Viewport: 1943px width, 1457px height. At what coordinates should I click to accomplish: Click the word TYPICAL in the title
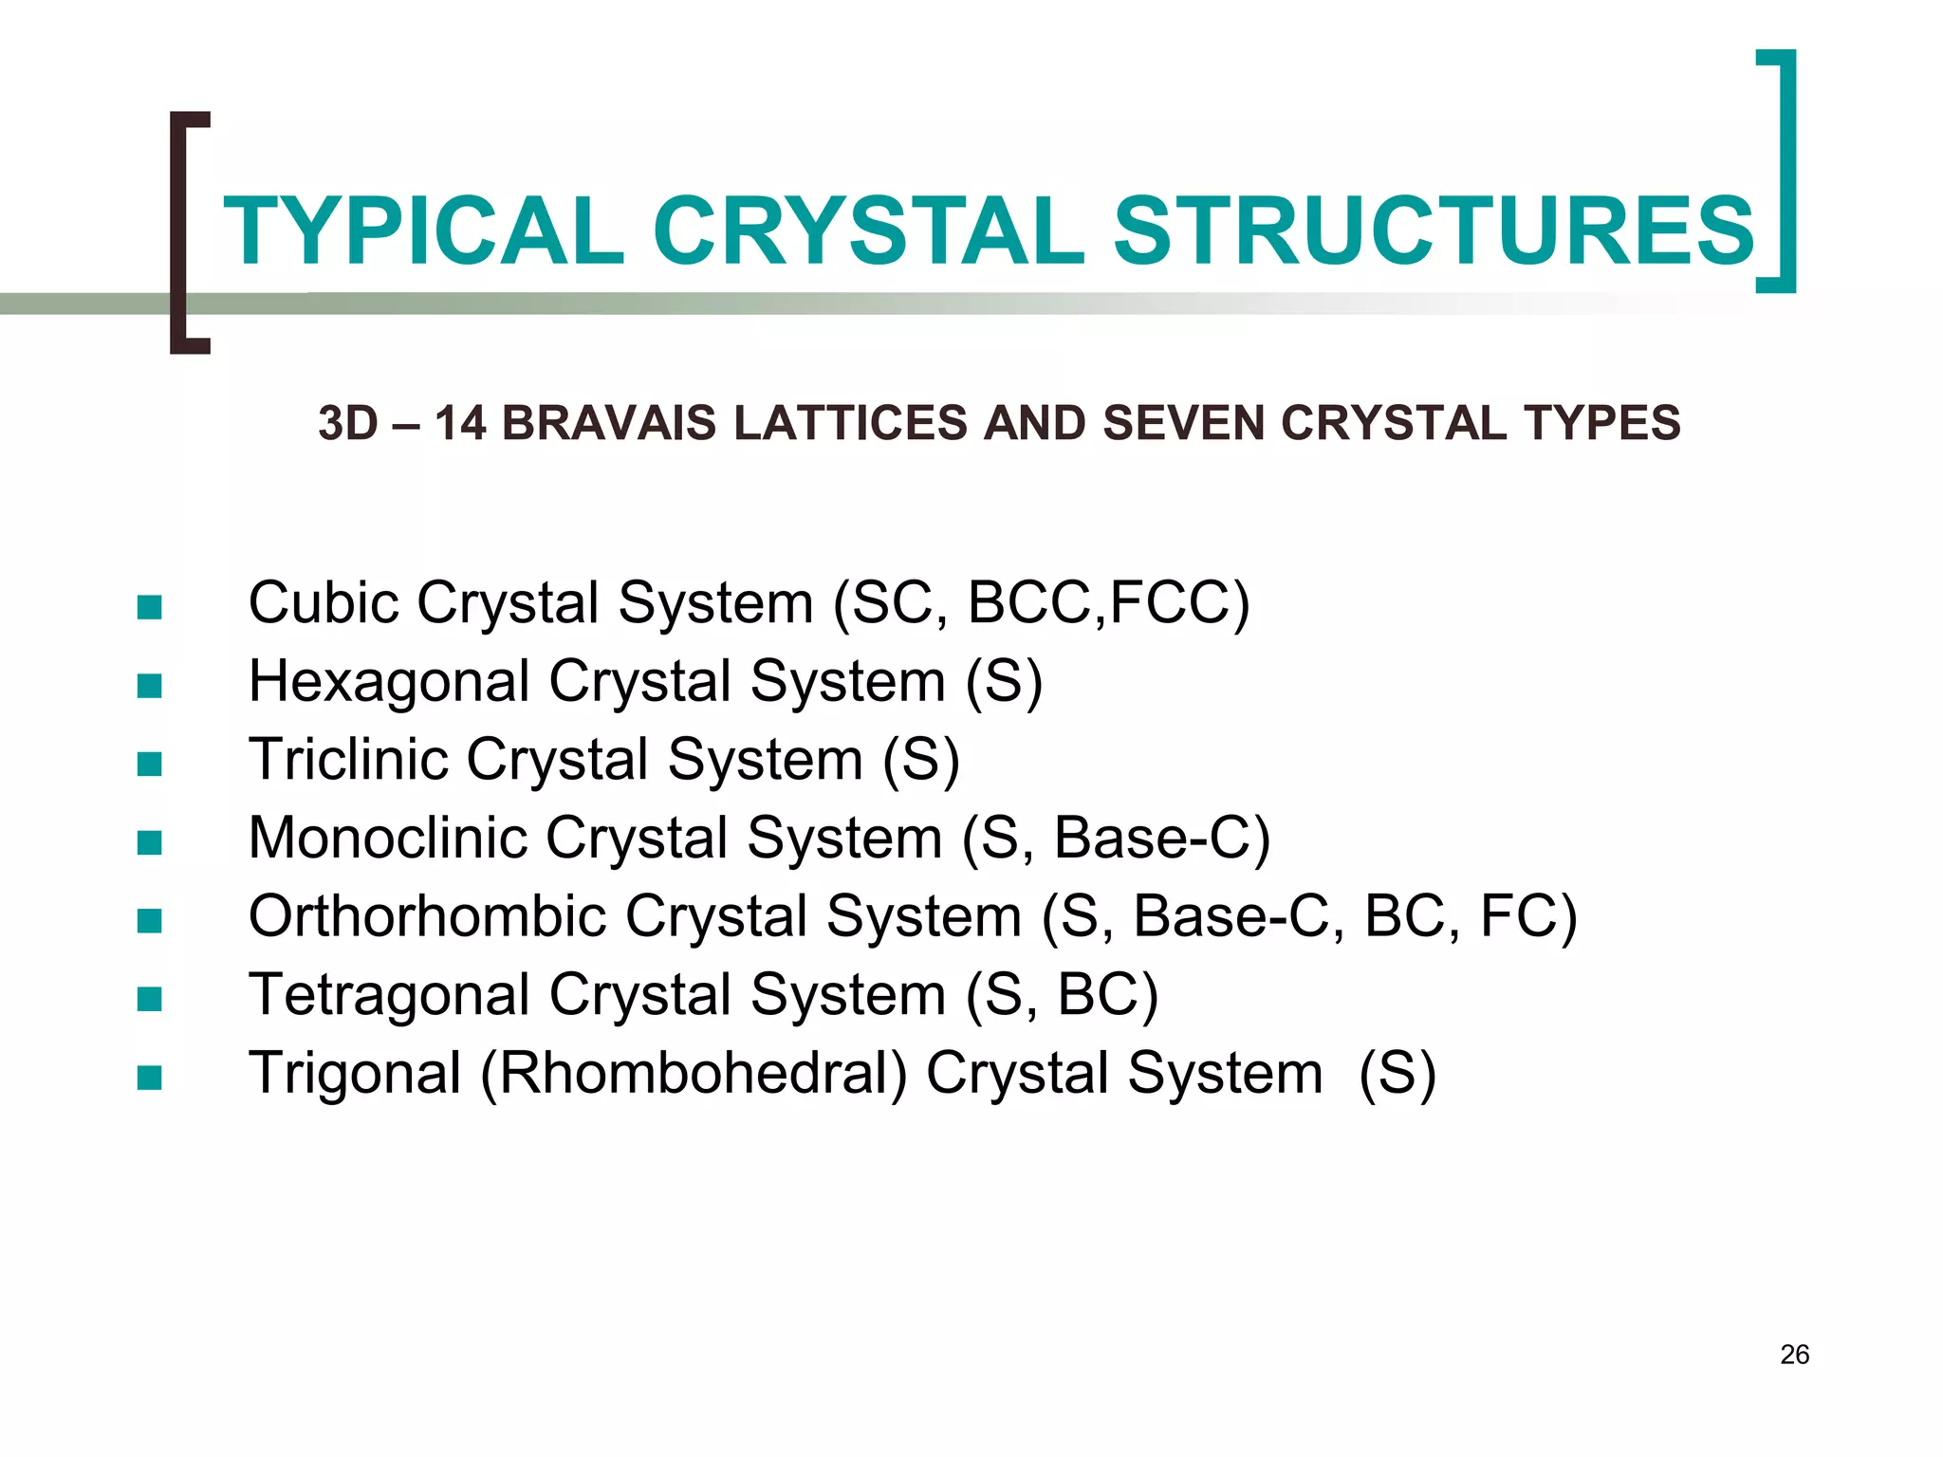click(x=423, y=231)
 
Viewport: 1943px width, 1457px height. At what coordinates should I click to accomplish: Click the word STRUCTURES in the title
click(x=1434, y=231)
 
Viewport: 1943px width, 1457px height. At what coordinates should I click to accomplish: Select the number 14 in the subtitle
click(x=460, y=423)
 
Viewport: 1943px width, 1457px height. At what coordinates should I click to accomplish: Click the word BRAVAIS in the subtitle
click(x=608, y=423)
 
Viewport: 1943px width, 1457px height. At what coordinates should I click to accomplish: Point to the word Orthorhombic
click(x=427, y=917)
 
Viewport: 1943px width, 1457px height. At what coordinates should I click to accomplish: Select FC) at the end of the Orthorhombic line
click(x=1527, y=917)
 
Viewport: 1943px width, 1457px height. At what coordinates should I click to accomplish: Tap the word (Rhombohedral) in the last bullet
click(x=694, y=1074)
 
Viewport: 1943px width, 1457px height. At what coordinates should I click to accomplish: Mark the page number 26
click(x=1794, y=1355)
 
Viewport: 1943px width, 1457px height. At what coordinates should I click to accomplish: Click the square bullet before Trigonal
click(x=149, y=1078)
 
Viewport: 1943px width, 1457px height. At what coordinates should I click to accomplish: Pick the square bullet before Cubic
click(x=149, y=607)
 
